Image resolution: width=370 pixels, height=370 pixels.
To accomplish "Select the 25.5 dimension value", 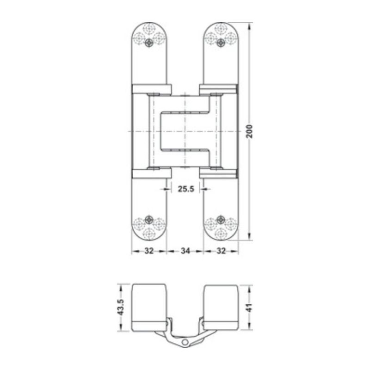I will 185,189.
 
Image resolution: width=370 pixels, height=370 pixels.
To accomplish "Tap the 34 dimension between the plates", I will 185,251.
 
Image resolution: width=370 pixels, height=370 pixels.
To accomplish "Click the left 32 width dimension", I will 149,251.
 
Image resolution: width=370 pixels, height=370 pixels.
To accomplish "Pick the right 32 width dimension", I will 221,251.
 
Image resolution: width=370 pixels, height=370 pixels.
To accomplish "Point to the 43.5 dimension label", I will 121,308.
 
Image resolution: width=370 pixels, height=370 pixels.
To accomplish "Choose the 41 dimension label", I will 250,308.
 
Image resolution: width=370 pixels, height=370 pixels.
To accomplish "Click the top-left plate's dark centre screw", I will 148,43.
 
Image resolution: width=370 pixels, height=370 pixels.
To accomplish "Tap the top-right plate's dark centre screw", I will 221,43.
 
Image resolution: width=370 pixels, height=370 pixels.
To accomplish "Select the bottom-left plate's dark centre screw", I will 148,219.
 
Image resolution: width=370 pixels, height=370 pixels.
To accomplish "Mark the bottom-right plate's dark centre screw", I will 221,219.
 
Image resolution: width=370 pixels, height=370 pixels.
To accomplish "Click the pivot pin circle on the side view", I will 185,342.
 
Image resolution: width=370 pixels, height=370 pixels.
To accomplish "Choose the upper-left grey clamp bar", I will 151,89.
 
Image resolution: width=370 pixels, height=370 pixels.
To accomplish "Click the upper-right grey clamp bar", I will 218,89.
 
